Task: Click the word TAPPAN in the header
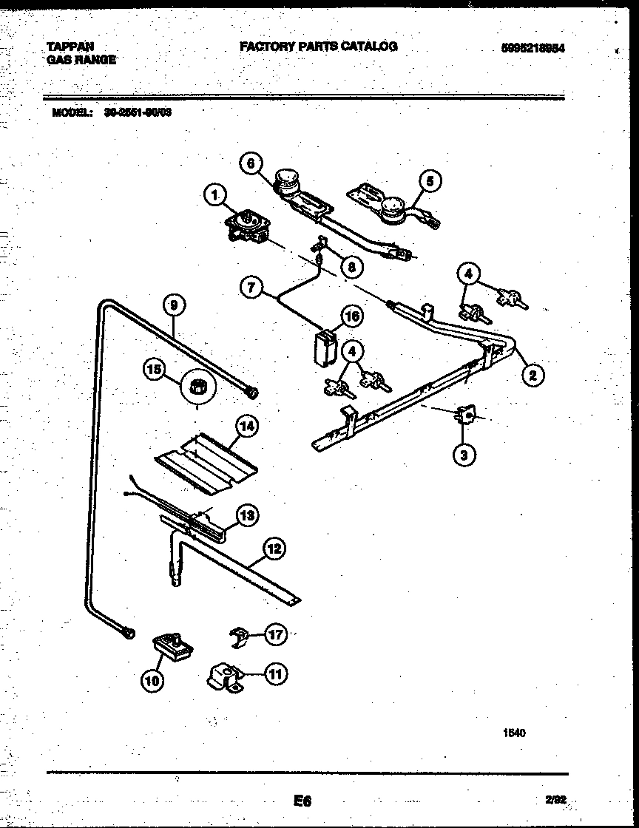tap(71, 47)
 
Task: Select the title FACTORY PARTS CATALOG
tap(318, 47)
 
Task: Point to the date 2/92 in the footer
tap(556, 799)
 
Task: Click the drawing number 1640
tap(515, 733)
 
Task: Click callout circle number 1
tap(214, 195)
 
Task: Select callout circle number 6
tap(251, 164)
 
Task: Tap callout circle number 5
tap(429, 180)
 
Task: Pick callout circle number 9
tap(174, 305)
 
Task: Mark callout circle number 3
tap(464, 455)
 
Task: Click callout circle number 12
tap(274, 549)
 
